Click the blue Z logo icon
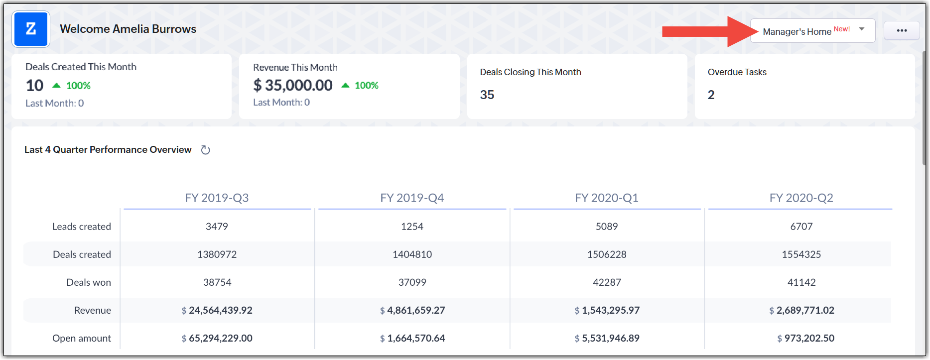click(31, 29)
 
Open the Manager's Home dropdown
click(812, 31)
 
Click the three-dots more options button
click(902, 31)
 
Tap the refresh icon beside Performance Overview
click(205, 150)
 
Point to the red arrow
click(707, 31)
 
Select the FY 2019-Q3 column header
click(217, 198)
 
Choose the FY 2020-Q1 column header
click(606, 198)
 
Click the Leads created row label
click(82, 227)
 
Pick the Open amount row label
click(82, 338)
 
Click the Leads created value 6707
click(801, 227)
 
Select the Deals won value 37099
click(412, 282)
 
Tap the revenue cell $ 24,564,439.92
click(217, 310)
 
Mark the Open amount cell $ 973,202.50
click(805, 338)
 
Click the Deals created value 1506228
click(606, 254)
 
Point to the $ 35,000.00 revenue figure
click(293, 85)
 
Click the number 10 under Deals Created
click(34, 86)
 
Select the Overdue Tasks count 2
click(711, 95)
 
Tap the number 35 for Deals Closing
click(487, 95)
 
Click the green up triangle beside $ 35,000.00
click(345, 85)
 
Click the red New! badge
click(841, 29)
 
